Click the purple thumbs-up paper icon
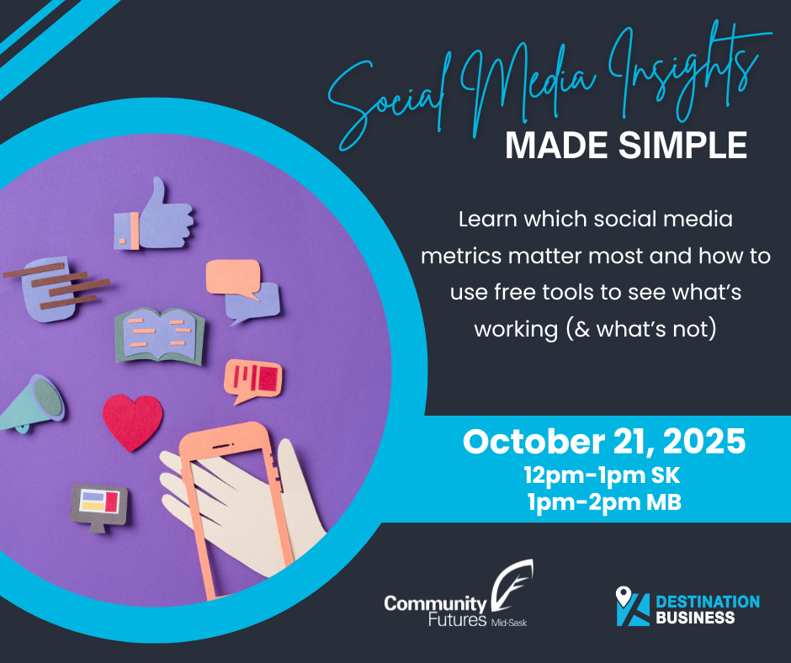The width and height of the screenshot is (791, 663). pyautogui.click(x=154, y=217)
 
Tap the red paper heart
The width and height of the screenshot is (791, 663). pyautogui.click(x=133, y=422)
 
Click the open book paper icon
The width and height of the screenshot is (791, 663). pyautogui.click(x=160, y=336)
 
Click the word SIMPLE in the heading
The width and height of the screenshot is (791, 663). pyautogui.click(x=683, y=146)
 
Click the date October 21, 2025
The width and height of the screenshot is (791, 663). pyautogui.click(x=604, y=442)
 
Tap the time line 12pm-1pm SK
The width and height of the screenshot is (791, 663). pyautogui.click(x=602, y=475)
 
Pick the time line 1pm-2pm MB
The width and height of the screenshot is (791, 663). pyautogui.click(x=604, y=502)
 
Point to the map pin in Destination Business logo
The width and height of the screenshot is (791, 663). pyautogui.click(x=624, y=596)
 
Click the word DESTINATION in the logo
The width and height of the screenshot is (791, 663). pyautogui.click(x=708, y=602)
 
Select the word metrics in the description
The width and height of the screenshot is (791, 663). pyautogui.click(x=462, y=257)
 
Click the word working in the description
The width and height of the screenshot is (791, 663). pyautogui.click(x=516, y=331)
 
